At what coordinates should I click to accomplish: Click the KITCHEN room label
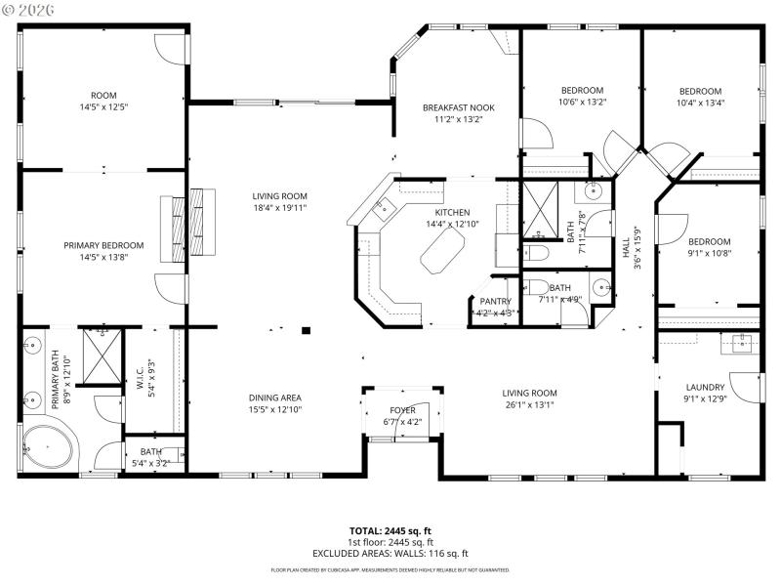(452, 212)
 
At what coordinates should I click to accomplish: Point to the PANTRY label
(496, 301)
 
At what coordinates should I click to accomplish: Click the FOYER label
(403, 410)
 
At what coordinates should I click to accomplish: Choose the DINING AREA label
(274, 398)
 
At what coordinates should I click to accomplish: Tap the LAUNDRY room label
(704, 387)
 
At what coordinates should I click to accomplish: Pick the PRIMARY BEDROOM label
(103, 245)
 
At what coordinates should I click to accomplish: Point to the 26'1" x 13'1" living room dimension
(530, 404)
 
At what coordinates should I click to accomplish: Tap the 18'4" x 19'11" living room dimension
(280, 207)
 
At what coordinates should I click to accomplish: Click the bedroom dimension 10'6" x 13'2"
(582, 102)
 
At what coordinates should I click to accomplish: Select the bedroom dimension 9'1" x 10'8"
(709, 253)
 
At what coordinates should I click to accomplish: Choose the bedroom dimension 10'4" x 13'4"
(700, 103)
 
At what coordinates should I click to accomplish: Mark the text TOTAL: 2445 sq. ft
(390, 531)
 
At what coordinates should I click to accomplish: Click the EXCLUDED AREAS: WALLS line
(390, 553)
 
